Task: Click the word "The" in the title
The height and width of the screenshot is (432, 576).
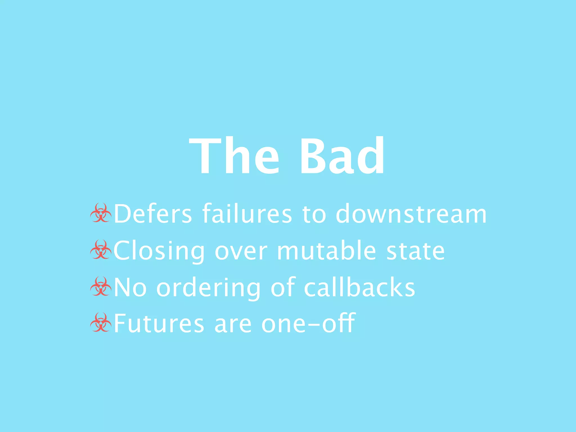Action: tap(234, 156)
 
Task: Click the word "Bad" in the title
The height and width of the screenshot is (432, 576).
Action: tap(342, 156)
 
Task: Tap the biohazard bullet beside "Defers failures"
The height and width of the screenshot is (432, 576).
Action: tap(101, 213)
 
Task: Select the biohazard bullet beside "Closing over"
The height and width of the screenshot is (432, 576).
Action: tap(101, 250)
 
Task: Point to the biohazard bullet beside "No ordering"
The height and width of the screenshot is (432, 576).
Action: tap(101, 286)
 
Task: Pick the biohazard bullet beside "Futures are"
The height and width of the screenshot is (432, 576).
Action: tap(101, 322)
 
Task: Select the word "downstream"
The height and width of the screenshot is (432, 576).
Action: tap(411, 214)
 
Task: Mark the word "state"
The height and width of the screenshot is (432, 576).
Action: tap(416, 251)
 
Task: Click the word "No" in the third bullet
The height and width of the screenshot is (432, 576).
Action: tap(130, 287)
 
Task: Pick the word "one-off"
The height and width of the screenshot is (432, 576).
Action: tap(308, 323)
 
